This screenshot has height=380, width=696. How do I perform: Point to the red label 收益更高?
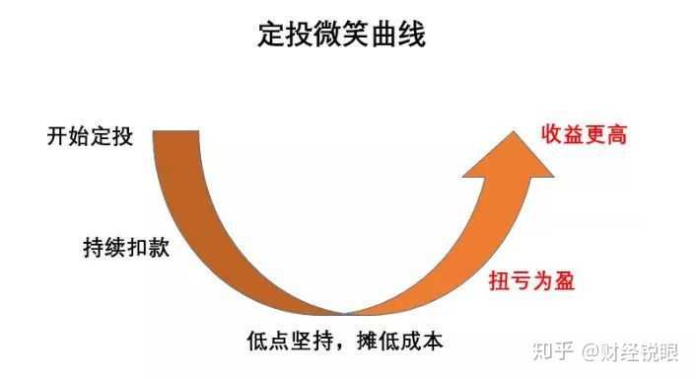[x=583, y=133]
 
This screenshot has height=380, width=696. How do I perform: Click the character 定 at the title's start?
[x=267, y=36]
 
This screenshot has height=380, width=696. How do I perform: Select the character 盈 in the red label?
[x=563, y=279]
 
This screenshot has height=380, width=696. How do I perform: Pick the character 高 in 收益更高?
[x=616, y=133]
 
